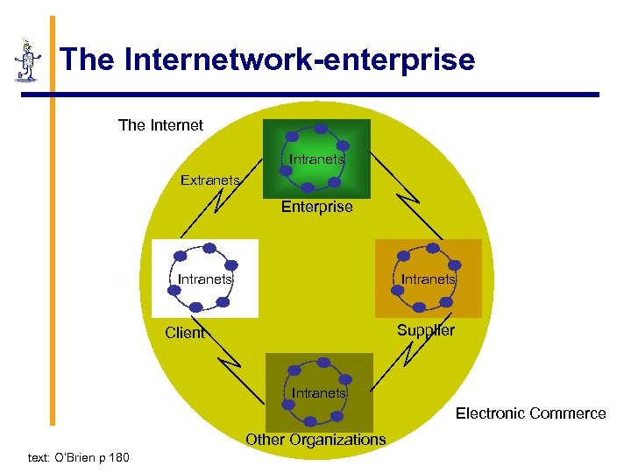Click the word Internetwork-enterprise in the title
300,60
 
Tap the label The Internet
160,125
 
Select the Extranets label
209,180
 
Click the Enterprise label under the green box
316,208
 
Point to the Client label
184,333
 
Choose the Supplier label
425,330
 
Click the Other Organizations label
315,440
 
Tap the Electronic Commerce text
530,413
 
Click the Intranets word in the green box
317,160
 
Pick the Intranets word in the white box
205,279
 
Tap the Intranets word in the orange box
428,279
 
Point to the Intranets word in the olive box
318,393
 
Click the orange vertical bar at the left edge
52,219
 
